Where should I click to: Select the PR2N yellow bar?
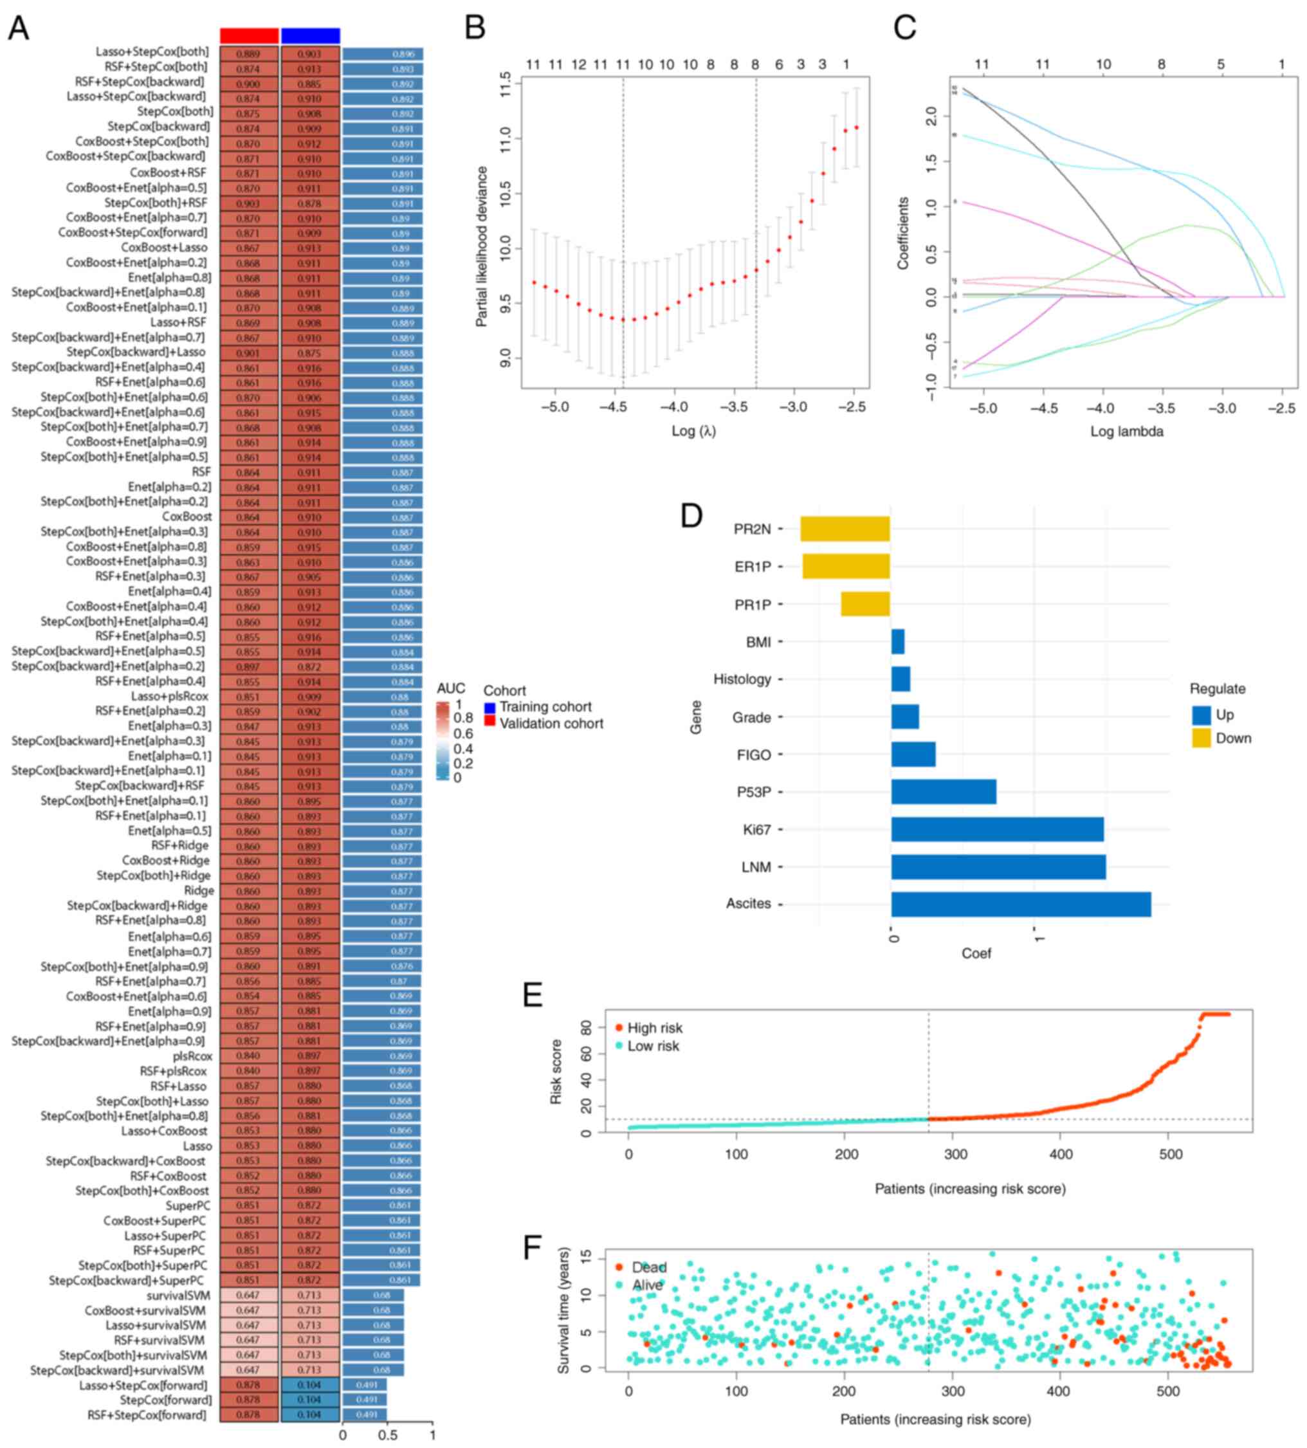click(x=845, y=529)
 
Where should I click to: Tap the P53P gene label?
click(x=753, y=793)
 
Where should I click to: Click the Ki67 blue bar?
click(x=997, y=830)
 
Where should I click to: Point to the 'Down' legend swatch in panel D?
click(x=1202, y=738)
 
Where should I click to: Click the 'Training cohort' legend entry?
click(x=545, y=708)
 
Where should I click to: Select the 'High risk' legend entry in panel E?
click(x=654, y=1028)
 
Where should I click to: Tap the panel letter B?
click(x=475, y=28)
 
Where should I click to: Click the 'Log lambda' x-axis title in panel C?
click(x=1126, y=432)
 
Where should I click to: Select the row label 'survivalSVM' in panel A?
click(x=178, y=1296)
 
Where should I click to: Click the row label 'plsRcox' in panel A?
click(x=192, y=1056)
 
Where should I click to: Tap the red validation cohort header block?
click(x=249, y=36)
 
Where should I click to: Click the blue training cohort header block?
click(x=310, y=36)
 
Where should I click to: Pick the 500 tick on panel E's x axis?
click(x=1171, y=1154)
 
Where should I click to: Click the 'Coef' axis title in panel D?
click(x=976, y=953)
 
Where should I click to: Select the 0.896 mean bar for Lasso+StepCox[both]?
click(x=383, y=54)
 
